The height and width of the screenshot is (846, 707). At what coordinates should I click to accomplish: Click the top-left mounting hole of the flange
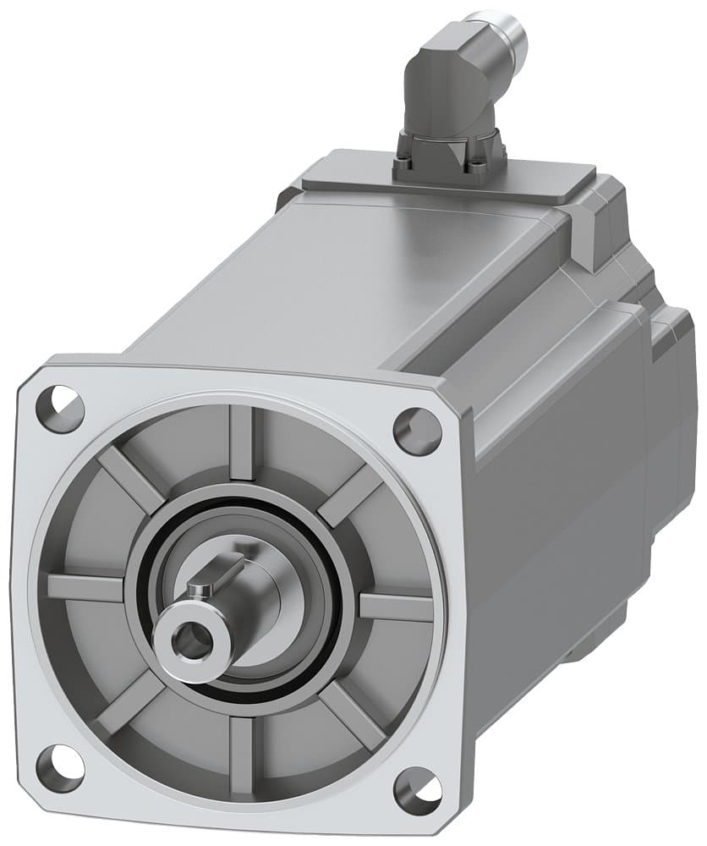[x=60, y=409]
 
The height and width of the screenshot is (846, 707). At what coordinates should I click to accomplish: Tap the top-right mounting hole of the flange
[x=418, y=431]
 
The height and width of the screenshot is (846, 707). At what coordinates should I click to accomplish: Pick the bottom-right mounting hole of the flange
[x=418, y=789]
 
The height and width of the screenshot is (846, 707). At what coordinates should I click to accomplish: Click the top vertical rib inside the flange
[x=242, y=440]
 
